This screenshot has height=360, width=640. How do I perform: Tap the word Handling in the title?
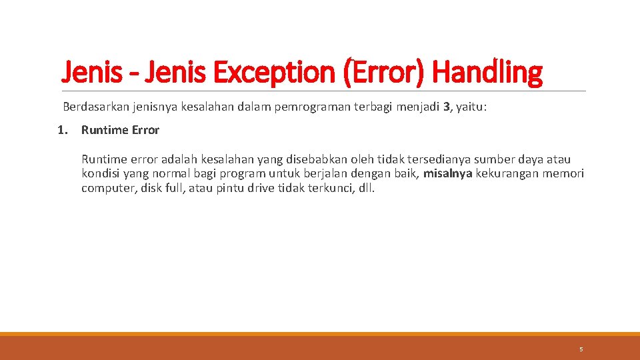coord(487,72)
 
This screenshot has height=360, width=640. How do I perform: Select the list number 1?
coord(62,130)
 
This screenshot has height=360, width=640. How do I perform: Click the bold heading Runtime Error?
coord(120,130)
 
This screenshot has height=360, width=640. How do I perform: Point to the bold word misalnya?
coord(447,174)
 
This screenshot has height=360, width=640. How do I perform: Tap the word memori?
coord(563,174)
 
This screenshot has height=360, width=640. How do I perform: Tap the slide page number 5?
coord(581,349)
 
